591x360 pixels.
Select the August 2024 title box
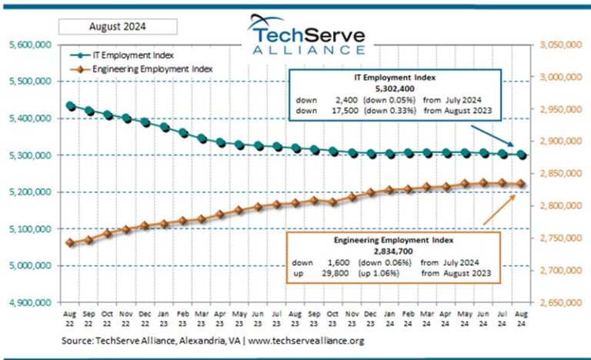coord(118,27)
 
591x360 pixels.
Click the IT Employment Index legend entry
coord(131,55)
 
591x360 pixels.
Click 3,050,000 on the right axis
coord(561,45)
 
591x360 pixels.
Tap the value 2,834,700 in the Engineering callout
coord(393,251)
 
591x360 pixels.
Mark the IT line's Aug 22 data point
coord(71,106)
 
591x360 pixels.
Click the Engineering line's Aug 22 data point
coord(71,243)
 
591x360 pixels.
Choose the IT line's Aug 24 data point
coord(522,155)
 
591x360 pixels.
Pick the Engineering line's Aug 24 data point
coord(522,184)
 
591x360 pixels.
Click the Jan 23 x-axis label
coord(164,319)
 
